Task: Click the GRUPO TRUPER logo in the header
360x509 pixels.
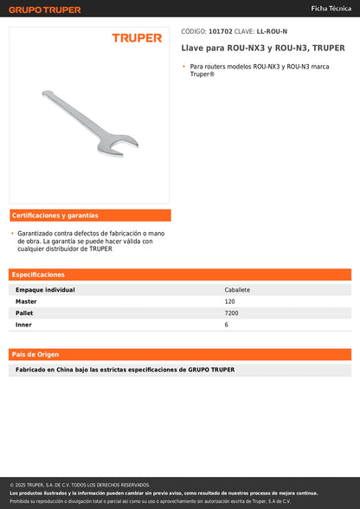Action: coord(45,10)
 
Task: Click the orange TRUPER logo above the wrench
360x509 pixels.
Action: coord(137,38)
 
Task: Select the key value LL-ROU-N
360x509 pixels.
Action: coord(273,30)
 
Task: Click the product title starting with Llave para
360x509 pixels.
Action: coord(263,48)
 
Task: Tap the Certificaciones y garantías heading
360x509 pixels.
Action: coord(55,216)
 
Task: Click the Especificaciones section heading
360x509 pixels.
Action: coord(39,274)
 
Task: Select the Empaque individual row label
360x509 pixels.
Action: coord(45,290)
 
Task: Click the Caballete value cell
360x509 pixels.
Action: coord(237,290)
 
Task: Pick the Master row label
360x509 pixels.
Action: coord(26,301)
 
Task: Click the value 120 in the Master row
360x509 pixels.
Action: coord(229,301)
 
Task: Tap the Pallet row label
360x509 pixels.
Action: coord(25,312)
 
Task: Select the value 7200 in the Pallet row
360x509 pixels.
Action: coord(231,312)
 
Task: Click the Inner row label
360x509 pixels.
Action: coord(24,324)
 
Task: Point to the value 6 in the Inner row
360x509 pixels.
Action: coord(227,324)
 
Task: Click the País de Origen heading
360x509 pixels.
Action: coord(35,354)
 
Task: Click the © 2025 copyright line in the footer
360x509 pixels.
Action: coord(80,485)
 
